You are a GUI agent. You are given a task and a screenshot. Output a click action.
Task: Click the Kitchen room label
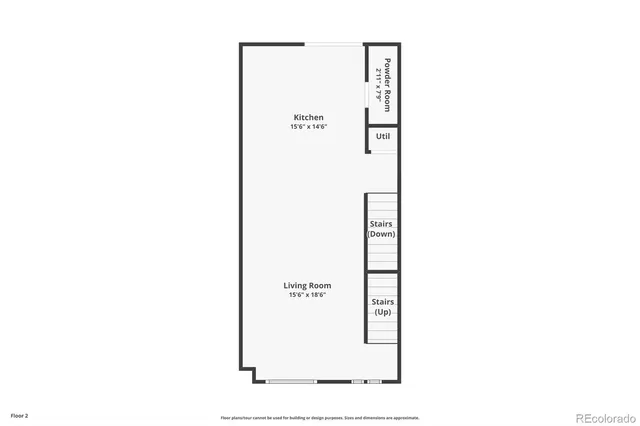308,118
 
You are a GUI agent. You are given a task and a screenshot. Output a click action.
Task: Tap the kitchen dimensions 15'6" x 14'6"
308,127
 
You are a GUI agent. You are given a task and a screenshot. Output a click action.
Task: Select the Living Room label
307,286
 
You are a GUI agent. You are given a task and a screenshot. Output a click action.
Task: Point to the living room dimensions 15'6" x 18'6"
308,295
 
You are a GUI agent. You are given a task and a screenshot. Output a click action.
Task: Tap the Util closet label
382,137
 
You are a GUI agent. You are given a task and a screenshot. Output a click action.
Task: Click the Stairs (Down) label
382,229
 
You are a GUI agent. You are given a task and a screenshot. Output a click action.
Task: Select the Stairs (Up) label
382,307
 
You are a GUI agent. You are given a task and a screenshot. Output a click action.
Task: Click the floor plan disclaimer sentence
320,418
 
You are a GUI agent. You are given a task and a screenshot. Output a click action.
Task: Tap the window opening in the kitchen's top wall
334,43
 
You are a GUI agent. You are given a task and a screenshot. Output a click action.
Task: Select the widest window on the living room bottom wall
291,381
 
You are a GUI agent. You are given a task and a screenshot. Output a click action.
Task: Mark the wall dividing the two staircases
381,271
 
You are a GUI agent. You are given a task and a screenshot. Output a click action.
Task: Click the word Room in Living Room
320,286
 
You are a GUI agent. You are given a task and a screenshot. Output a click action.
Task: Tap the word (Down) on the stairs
382,234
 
